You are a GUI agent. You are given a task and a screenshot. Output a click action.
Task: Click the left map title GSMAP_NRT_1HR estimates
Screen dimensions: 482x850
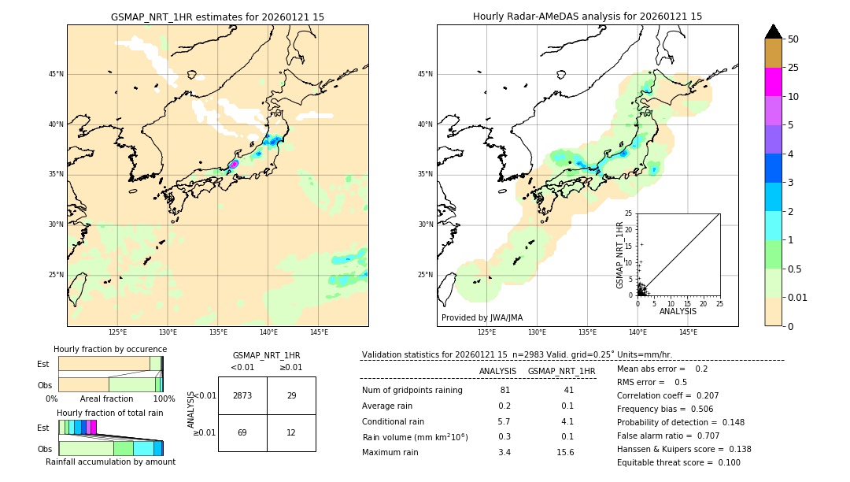(x=217, y=17)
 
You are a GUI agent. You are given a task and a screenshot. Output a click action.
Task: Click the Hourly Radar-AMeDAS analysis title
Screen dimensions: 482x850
(x=587, y=17)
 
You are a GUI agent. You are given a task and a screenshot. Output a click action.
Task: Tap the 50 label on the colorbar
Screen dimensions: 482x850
(x=793, y=39)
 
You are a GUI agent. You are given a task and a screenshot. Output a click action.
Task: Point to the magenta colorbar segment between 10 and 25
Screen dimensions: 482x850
(x=773, y=82)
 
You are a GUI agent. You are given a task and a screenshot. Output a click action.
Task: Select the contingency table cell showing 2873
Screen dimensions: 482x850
(x=242, y=395)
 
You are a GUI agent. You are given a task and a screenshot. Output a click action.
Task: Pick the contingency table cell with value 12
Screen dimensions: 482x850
(x=291, y=432)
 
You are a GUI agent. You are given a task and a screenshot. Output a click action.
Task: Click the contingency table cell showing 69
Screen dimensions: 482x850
(x=242, y=432)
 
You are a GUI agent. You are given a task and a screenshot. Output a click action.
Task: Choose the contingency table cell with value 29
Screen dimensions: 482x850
(x=291, y=395)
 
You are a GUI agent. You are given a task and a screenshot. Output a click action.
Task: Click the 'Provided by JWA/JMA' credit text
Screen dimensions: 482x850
(x=482, y=317)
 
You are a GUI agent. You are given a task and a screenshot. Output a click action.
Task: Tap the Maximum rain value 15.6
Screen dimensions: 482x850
(x=565, y=452)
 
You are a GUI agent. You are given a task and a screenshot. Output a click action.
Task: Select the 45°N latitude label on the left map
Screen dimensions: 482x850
(x=56, y=74)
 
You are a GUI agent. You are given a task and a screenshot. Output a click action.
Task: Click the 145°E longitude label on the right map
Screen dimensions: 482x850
(x=688, y=332)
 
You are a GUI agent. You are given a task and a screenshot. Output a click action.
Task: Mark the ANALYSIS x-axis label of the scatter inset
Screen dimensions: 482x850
(x=678, y=311)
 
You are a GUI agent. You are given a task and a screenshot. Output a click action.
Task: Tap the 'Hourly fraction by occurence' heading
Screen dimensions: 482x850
(x=110, y=349)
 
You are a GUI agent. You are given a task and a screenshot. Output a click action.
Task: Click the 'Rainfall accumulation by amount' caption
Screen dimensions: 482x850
(x=110, y=462)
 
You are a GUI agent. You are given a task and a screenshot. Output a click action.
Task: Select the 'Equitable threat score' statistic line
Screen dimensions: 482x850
(x=678, y=462)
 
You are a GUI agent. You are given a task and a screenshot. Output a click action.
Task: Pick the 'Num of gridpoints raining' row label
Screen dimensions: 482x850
(x=412, y=391)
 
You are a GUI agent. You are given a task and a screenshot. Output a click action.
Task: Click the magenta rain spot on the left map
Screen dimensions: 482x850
(x=234, y=164)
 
